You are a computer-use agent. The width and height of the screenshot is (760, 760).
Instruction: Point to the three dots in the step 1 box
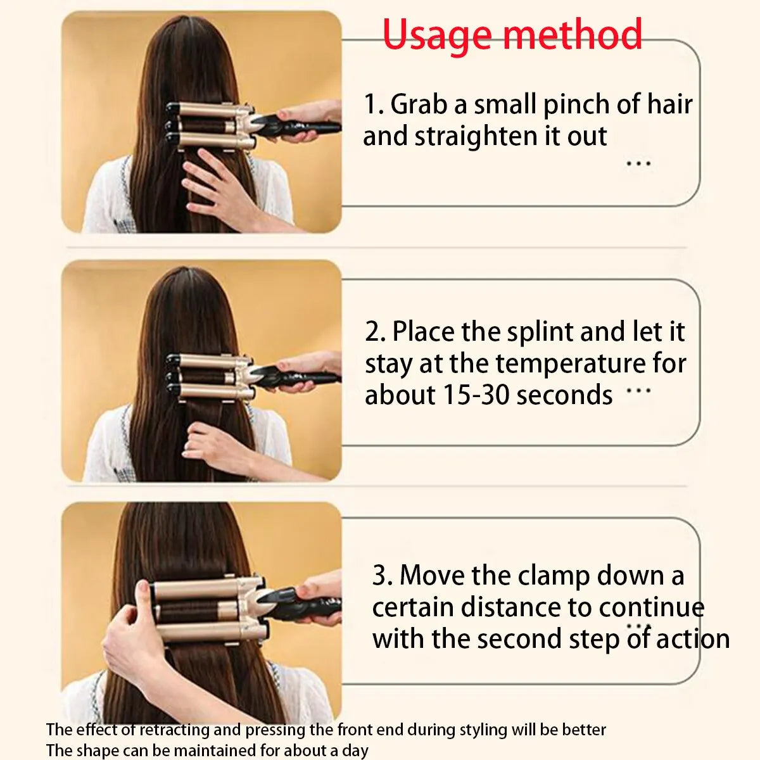638,163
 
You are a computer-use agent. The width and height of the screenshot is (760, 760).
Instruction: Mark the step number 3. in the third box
382,576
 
